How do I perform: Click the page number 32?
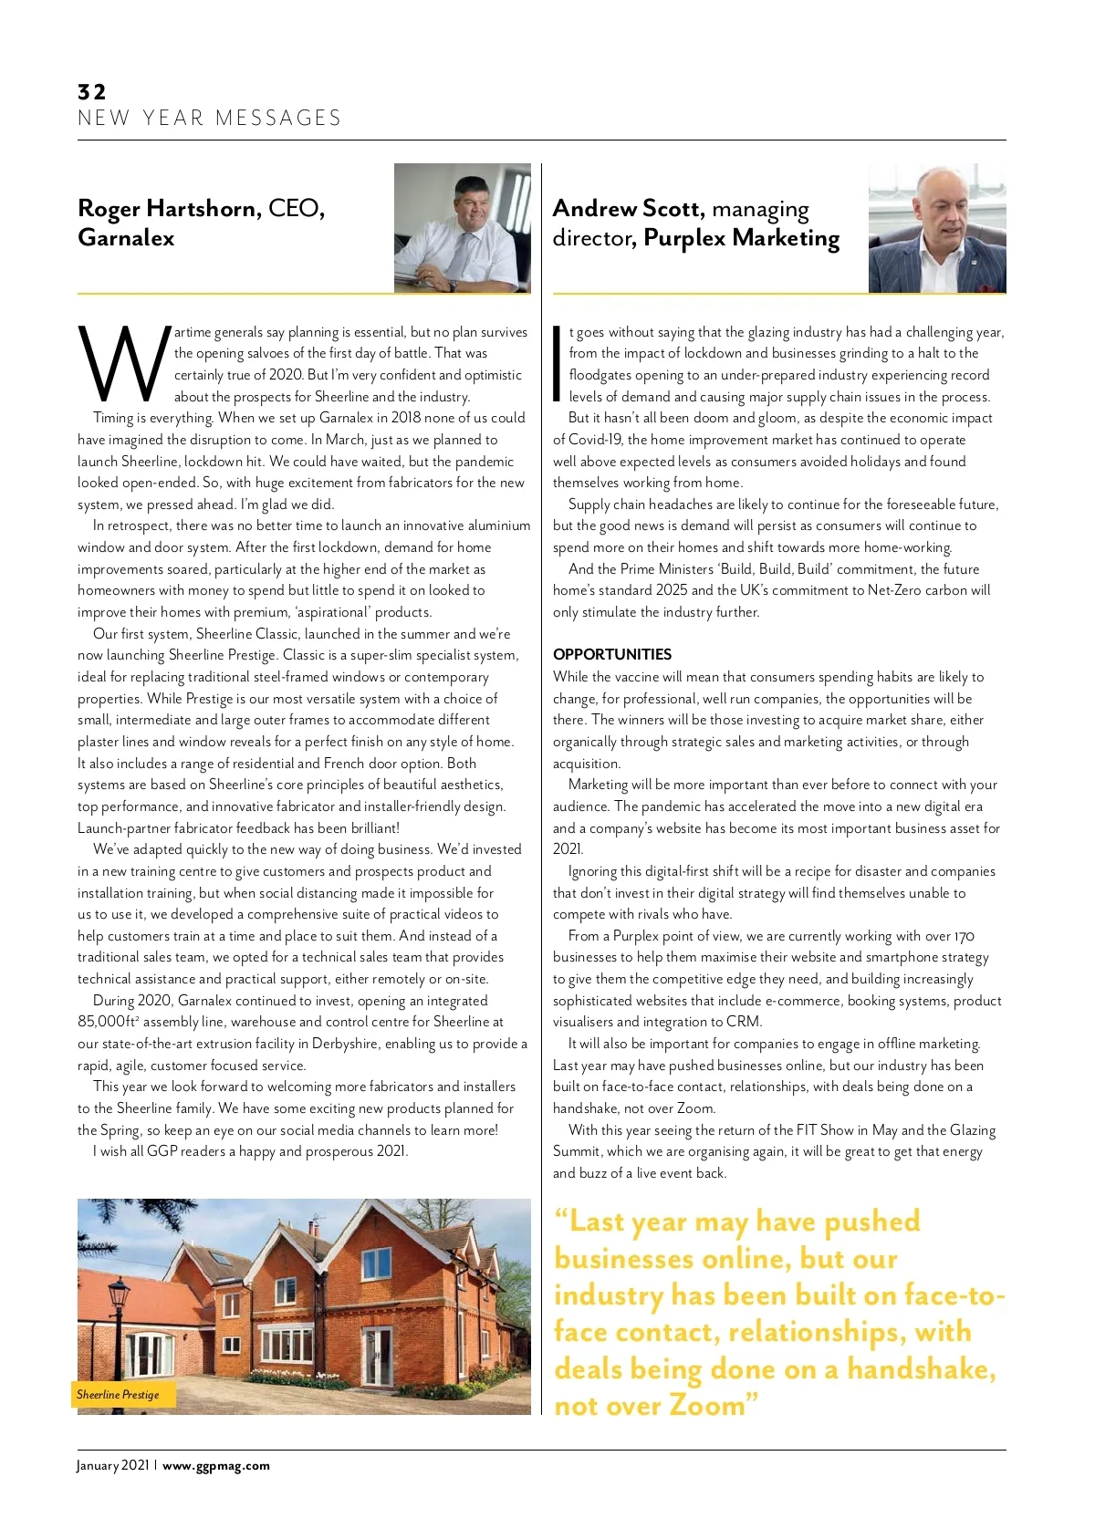tap(92, 91)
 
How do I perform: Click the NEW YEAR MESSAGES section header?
tap(209, 118)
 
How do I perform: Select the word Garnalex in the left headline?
tap(126, 237)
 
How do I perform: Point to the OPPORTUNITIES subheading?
tap(611, 654)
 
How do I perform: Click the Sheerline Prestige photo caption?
tap(118, 1394)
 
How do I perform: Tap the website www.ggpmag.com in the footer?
tap(216, 1465)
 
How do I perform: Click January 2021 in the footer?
tap(112, 1465)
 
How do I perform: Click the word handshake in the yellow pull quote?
tap(919, 1368)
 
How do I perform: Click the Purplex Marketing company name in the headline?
tap(741, 237)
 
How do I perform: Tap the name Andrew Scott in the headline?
tap(627, 208)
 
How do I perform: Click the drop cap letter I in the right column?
tap(557, 363)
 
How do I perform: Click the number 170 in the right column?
tap(964, 936)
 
